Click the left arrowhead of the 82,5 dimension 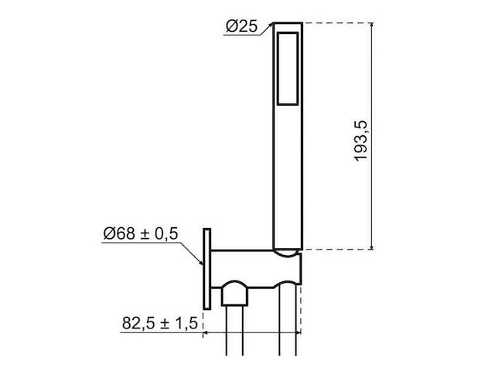[x=207, y=335]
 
